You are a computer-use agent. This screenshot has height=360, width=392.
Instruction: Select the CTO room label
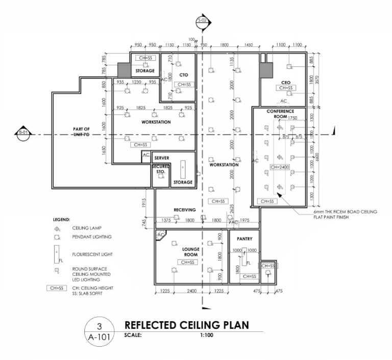point(178,75)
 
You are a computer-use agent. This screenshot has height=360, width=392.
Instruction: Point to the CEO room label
point(286,81)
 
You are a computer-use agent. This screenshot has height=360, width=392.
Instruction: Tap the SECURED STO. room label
point(160,170)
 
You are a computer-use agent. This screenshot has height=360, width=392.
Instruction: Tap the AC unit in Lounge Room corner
point(161,235)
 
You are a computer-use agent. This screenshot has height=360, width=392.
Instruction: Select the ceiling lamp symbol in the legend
point(58,229)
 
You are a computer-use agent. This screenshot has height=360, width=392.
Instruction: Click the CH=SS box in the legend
point(57,288)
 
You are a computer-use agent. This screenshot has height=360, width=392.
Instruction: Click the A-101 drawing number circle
point(100,331)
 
